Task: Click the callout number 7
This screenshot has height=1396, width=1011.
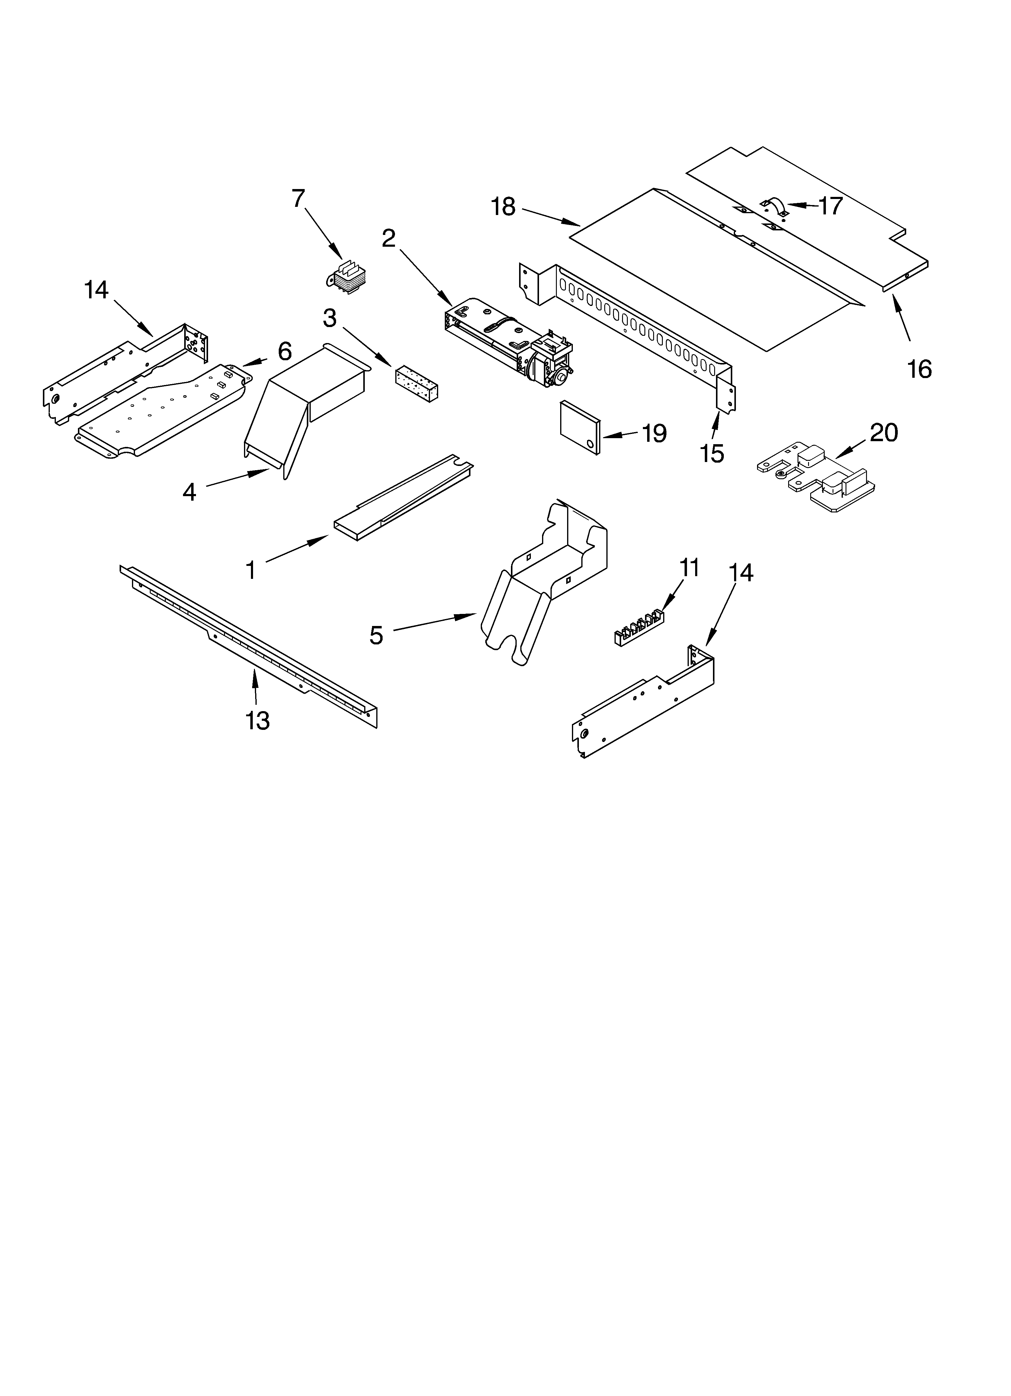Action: [298, 199]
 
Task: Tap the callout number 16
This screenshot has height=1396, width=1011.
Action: [919, 369]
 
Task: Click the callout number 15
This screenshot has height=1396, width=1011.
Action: [712, 454]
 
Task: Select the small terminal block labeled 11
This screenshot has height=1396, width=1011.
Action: [637, 625]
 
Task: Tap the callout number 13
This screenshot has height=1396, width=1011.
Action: [257, 720]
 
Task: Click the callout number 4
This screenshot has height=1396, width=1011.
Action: [189, 492]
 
